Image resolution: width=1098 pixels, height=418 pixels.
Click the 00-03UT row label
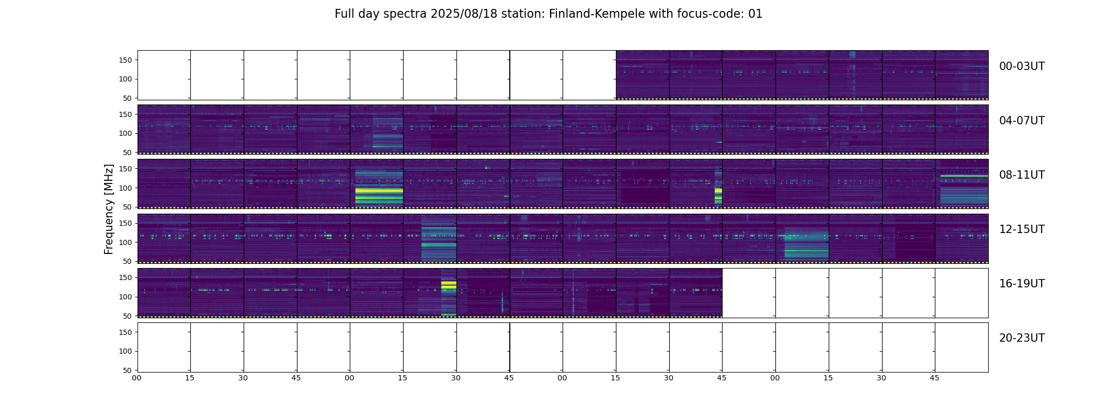point(1021,66)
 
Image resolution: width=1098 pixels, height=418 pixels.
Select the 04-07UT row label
point(1021,121)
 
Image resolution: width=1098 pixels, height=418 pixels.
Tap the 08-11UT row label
point(1021,175)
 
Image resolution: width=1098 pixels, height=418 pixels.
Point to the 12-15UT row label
point(1021,229)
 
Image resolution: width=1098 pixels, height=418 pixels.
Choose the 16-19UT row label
point(1021,284)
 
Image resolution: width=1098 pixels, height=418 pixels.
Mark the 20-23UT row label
point(1021,338)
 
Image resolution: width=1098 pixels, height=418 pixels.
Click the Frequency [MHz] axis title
point(109,209)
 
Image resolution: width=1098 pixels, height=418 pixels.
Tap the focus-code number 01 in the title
point(756,14)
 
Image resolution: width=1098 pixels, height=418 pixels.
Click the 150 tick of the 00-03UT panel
point(125,60)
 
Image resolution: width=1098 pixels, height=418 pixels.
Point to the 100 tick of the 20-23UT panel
point(125,351)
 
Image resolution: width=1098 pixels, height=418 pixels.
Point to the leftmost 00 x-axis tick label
point(137,378)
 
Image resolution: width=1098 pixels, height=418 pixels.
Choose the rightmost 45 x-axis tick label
point(935,378)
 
